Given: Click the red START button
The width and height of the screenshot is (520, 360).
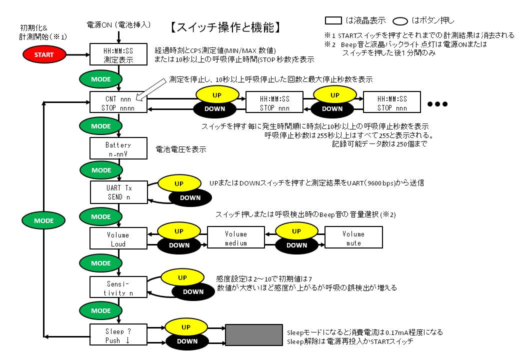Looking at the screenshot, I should (x=44, y=54).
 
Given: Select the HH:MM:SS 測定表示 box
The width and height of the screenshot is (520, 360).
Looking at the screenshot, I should (x=118, y=54).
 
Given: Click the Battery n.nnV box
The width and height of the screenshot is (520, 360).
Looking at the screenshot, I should (x=118, y=149).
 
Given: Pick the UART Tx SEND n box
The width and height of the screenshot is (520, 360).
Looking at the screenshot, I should (x=119, y=192).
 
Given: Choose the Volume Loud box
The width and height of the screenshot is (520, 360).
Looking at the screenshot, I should (x=118, y=239).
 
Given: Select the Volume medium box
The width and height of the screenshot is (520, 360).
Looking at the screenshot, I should (x=235, y=238).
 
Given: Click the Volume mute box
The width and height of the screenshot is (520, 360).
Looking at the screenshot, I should (x=353, y=238).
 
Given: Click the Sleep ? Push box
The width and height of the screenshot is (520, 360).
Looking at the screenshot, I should (x=118, y=335).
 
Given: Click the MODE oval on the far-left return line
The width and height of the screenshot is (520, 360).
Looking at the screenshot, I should (x=44, y=220).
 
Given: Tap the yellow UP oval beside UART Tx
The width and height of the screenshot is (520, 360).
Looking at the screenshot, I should (x=179, y=183).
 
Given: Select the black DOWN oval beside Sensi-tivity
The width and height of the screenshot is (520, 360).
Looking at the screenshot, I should (x=193, y=292).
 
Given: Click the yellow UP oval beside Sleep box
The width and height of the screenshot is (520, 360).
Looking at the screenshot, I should (x=185, y=327).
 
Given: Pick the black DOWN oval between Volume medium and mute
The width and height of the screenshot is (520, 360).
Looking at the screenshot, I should (x=296, y=245).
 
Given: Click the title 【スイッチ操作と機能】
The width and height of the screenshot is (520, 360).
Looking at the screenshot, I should (x=227, y=27).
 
